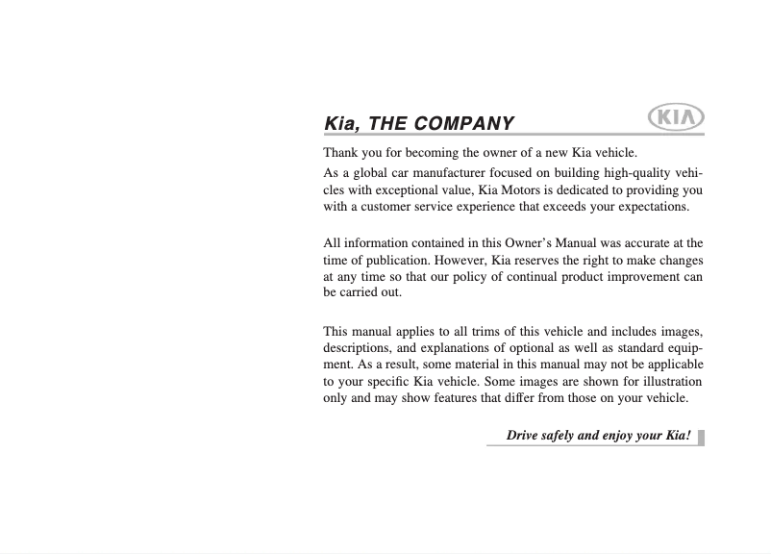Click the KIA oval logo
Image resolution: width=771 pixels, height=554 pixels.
(677, 118)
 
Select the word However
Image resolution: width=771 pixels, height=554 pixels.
(464, 260)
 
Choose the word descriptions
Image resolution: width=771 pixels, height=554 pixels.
(357, 348)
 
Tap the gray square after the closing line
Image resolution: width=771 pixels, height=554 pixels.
(701, 437)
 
